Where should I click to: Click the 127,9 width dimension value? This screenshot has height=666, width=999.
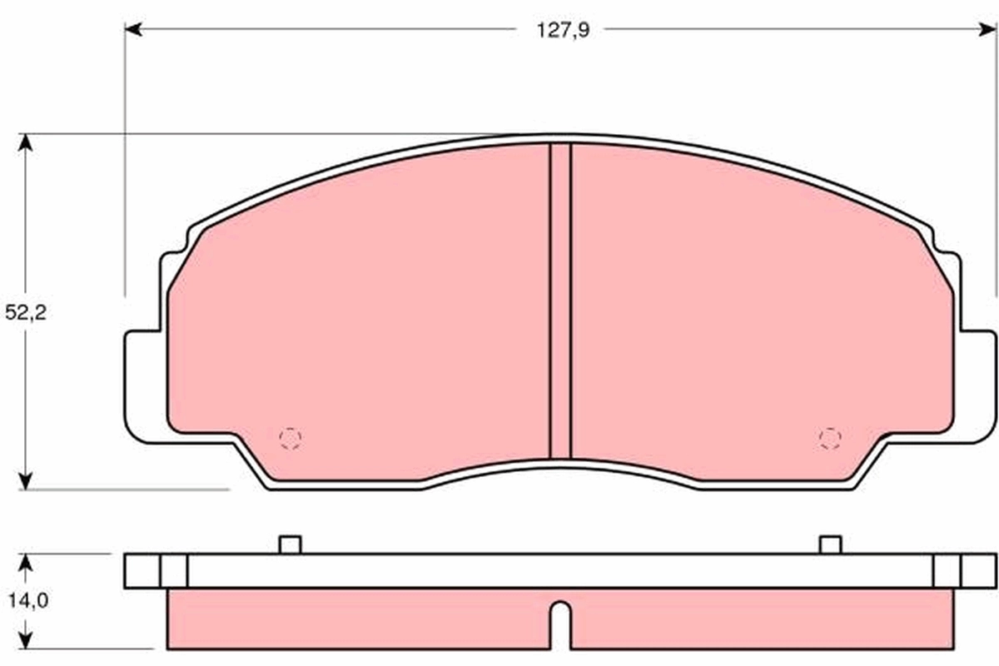[559, 31]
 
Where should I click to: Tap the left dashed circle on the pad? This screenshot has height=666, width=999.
[290, 438]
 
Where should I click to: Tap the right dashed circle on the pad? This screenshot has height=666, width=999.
[829, 438]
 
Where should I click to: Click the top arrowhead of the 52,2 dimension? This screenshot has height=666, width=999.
[27, 142]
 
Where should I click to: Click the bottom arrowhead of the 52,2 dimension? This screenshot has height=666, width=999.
[27, 480]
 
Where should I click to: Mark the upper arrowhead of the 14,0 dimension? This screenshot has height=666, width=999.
[27, 564]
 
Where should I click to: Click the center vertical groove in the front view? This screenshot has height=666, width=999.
[560, 300]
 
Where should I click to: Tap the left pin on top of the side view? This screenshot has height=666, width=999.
[290, 544]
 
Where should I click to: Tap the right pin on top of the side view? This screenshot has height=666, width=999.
[830, 544]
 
